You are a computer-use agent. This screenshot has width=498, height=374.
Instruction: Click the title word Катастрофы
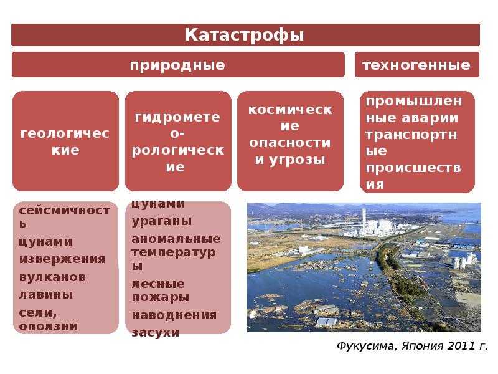[x=244, y=35]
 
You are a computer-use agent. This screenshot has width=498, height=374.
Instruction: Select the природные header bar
[x=178, y=65]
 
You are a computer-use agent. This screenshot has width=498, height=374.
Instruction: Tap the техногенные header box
[x=416, y=65]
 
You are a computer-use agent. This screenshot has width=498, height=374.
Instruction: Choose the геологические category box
[x=65, y=141]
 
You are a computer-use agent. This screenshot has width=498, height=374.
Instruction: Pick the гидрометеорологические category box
[x=178, y=141]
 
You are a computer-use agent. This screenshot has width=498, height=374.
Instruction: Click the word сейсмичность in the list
[x=65, y=217]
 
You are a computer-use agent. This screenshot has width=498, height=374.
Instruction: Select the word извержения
[x=62, y=259]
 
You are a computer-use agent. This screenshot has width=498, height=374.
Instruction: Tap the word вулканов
[x=52, y=277]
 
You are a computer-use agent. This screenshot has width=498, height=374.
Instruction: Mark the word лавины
[x=46, y=295]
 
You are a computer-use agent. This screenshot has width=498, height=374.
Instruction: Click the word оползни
[x=49, y=326]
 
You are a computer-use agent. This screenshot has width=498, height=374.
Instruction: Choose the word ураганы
[x=162, y=221]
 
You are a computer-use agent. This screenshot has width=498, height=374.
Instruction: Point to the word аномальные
[x=176, y=239]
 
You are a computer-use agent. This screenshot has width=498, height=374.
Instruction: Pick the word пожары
[x=161, y=297]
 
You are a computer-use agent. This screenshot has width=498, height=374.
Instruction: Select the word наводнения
[x=174, y=315]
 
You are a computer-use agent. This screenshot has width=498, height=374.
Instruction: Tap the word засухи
[x=156, y=333]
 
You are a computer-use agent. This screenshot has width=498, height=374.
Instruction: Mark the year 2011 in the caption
[x=460, y=346]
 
